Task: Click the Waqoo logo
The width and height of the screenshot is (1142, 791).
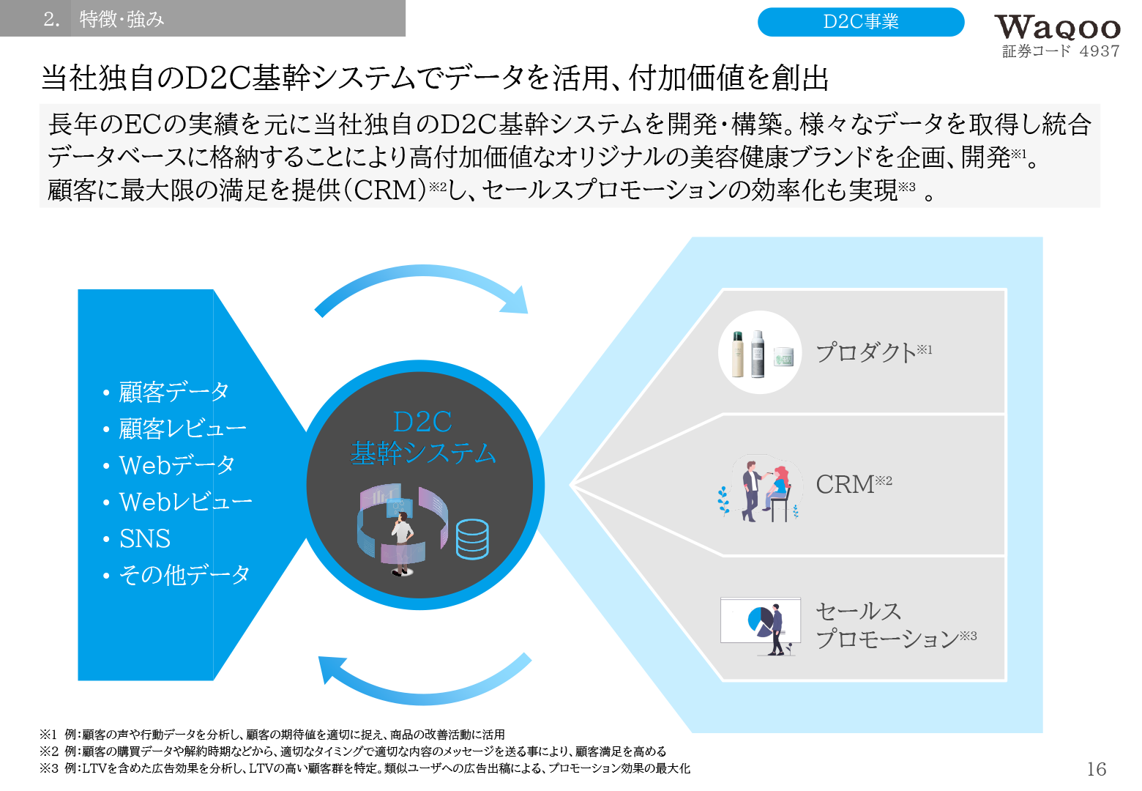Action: [1057, 28]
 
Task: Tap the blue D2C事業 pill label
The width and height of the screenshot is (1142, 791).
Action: [860, 22]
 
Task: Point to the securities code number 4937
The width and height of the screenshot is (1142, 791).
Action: [1099, 51]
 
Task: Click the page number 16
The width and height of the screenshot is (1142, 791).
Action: [1096, 769]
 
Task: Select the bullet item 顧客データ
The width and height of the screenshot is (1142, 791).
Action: [173, 392]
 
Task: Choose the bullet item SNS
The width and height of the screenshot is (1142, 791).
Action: [145, 539]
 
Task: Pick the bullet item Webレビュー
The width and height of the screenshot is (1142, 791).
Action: [185, 502]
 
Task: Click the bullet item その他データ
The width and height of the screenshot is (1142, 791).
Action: [184, 575]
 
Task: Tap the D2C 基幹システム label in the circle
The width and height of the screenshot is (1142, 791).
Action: [423, 438]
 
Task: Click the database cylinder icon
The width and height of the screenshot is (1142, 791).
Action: [472, 539]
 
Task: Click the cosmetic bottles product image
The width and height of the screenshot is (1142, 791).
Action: [760, 353]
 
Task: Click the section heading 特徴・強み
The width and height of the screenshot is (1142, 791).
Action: [122, 19]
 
